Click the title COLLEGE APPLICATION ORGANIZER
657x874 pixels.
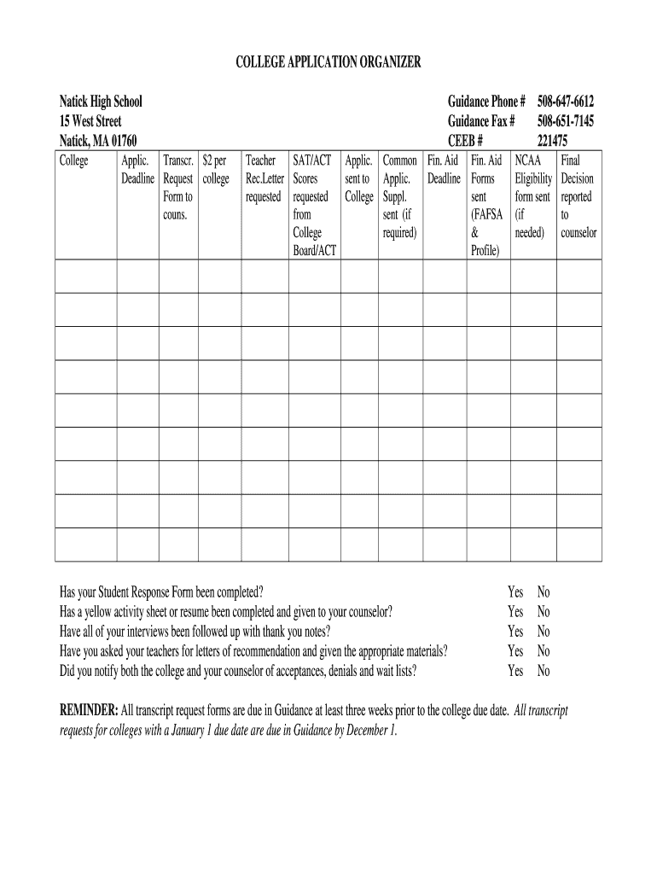(328, 62)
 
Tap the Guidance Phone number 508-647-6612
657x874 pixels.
(566, 102)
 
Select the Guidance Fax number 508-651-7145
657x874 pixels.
(566, 121)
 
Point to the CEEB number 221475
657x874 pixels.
(552, 141)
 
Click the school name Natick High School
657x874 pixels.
(101, 102)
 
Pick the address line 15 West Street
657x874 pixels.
(90, 121)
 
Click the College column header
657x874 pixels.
(73, 160)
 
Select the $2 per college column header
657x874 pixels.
(216, 170)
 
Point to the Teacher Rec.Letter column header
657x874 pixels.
(264, 178)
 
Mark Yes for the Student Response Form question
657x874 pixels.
(515, 592)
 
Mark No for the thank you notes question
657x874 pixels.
(544, 632)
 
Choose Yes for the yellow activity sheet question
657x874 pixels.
(515, 612)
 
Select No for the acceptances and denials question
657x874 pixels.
(544, 671)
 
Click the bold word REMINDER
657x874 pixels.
(89, 711)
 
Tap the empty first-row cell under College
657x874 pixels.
(85, 277)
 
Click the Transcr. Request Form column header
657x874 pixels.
(177, 188)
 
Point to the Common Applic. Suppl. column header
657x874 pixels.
(399, 196)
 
